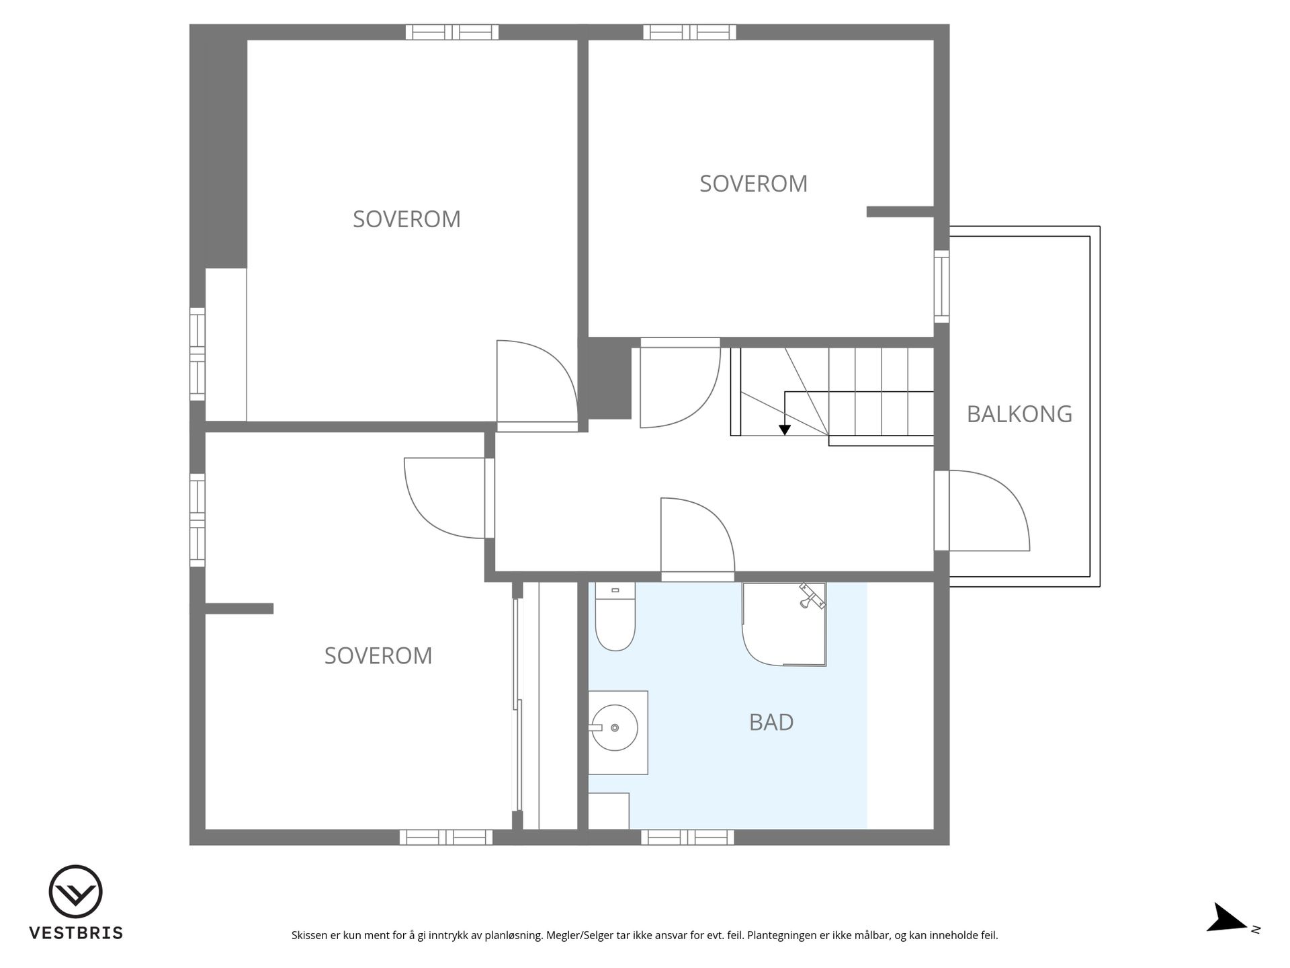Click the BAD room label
[771, 722]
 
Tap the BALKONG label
[1019, 414]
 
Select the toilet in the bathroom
[615, 617]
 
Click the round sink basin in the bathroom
[615, 727]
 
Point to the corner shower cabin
[784, 624]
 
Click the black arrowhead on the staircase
[784, 430]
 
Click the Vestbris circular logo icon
[76, 891]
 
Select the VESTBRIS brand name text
[76, 933]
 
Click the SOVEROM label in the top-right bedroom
[753, 184]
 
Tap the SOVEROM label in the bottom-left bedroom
[378, 655]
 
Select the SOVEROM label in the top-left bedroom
[406, 219]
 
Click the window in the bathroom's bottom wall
[687, 837]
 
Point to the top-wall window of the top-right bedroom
[689, 32]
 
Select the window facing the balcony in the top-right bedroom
[941, 286]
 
